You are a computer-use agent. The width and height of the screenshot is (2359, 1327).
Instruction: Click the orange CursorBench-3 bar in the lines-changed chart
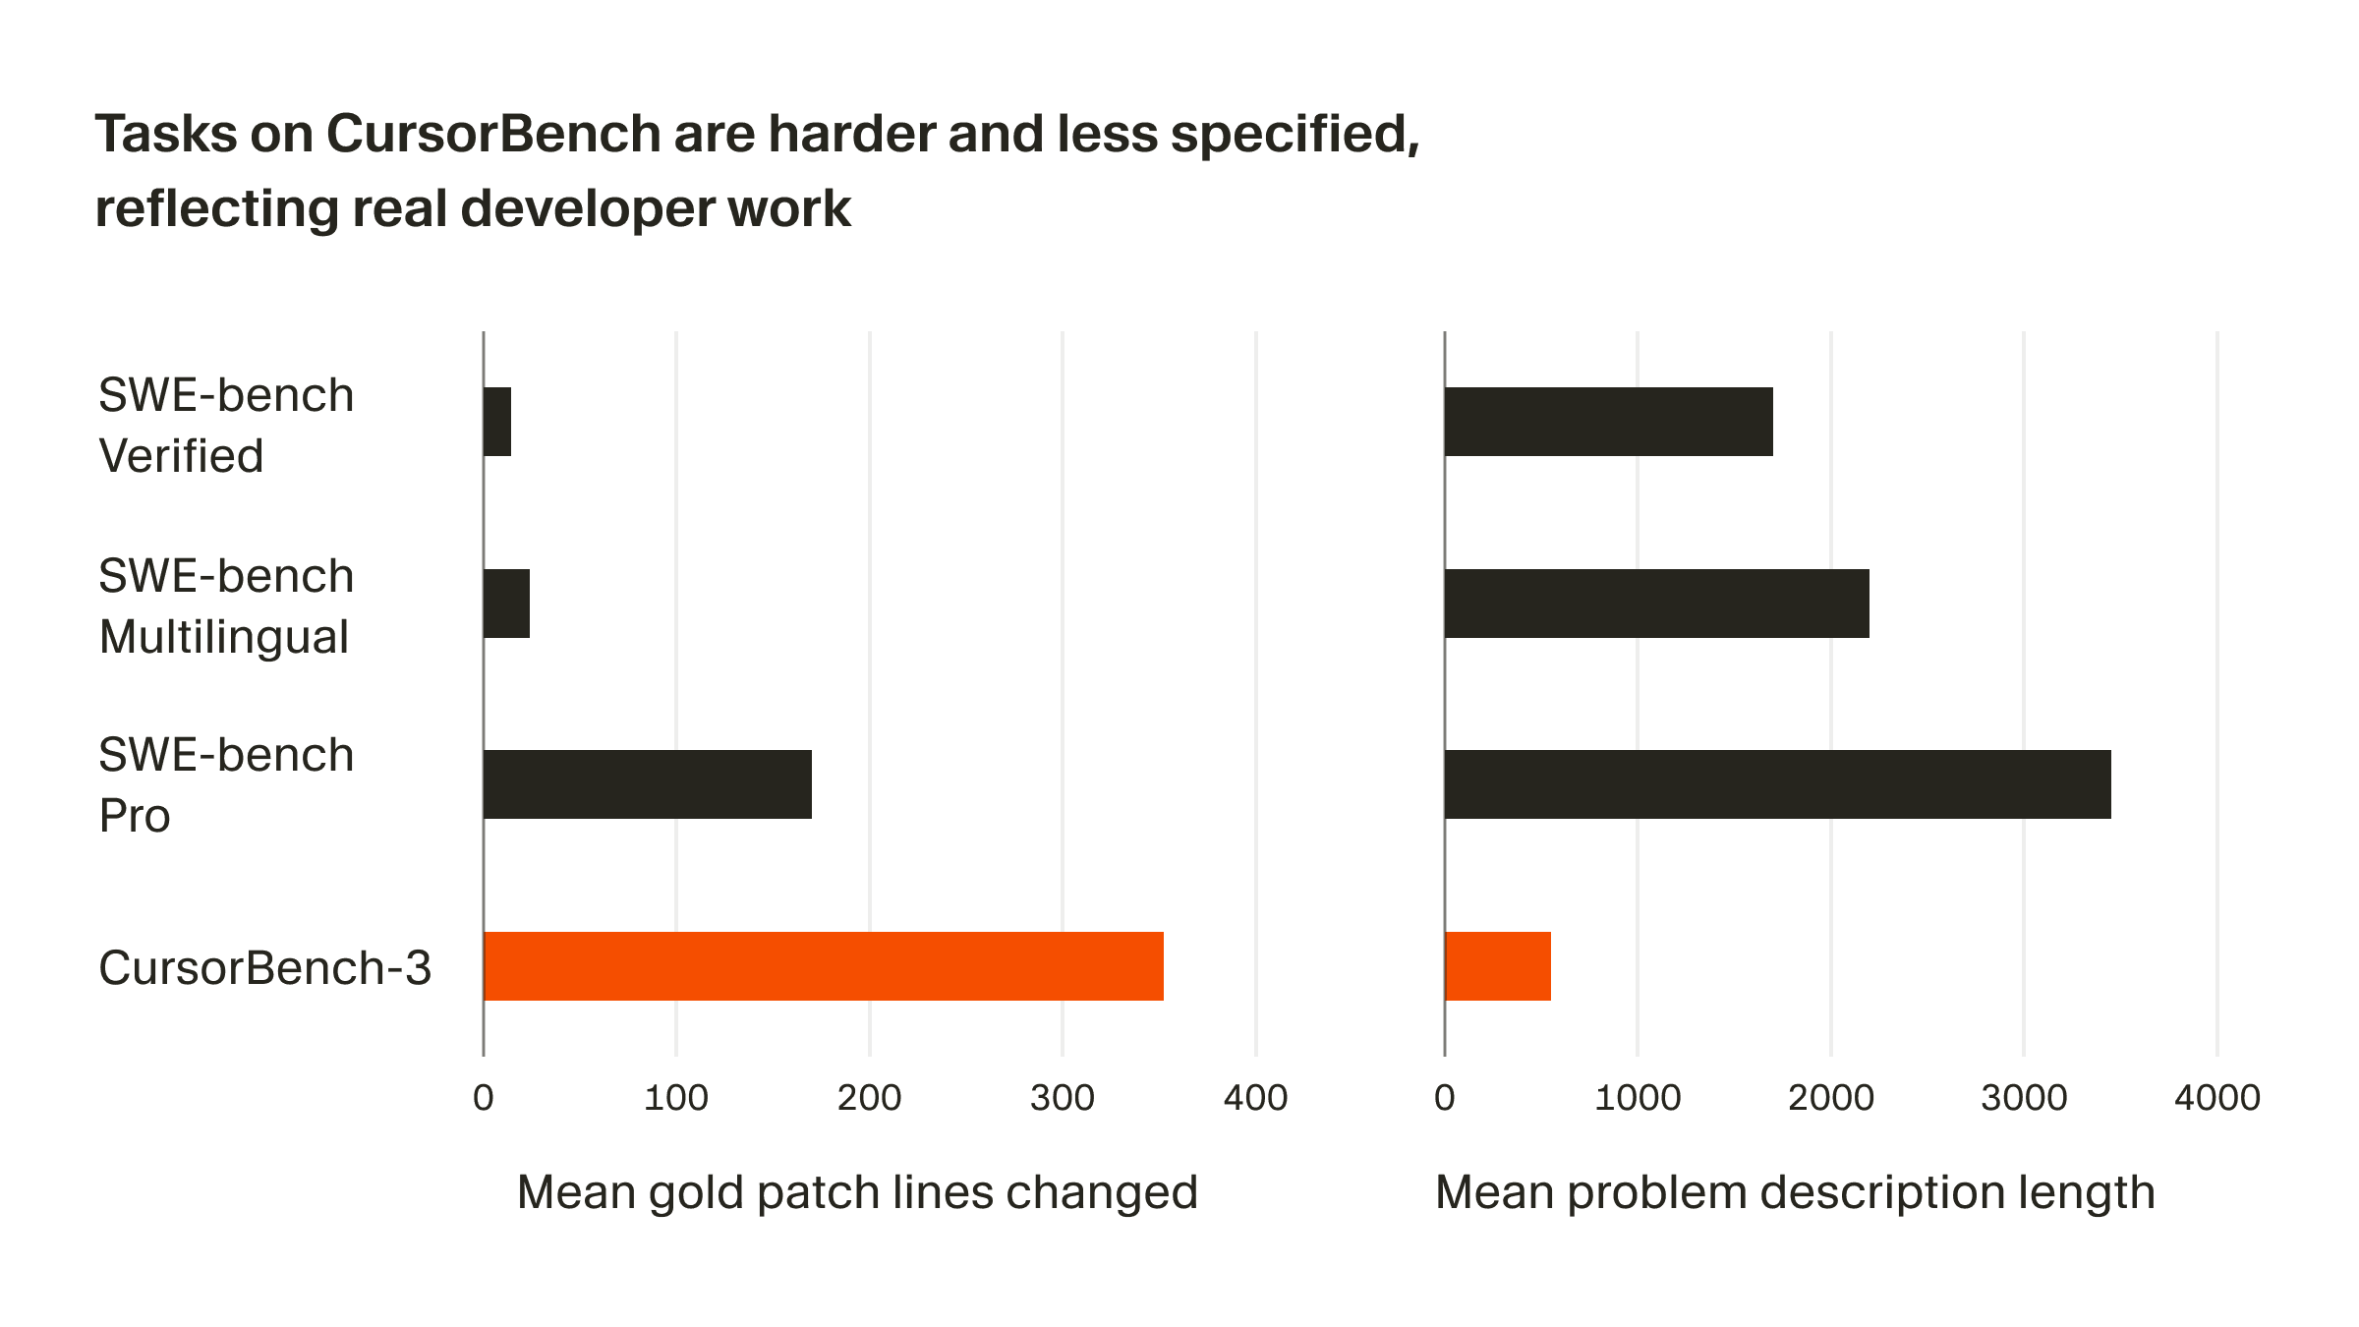click(824, 966)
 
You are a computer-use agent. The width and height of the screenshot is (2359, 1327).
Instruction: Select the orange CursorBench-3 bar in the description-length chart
click(1497, 966)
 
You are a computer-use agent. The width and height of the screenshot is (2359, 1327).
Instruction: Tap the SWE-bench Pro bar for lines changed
click(648, 784)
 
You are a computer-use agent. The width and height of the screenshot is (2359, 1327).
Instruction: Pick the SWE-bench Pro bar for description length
click(1777, 784)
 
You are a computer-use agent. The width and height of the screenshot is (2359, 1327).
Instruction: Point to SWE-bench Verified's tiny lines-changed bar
click(497, 422)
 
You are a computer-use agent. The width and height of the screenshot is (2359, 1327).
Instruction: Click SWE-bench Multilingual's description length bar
click(1656, 604)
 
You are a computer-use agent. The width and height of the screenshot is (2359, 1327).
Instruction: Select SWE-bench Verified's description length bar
click(1608, 422)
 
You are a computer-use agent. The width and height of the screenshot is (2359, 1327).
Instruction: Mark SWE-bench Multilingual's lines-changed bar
click(506, 604)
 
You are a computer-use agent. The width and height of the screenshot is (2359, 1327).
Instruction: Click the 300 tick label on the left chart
click(1062, 1098)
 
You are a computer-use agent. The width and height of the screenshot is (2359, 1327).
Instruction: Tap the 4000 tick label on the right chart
click(2216, 1098)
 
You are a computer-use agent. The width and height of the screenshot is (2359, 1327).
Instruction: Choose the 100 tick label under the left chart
click(675, 1098)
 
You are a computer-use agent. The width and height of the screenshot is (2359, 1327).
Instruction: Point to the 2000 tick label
click(1830, 1098)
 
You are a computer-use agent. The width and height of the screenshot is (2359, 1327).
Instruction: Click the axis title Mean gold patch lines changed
click(857, 1192)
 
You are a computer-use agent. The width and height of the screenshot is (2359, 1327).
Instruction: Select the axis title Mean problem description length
click(1795, 1192)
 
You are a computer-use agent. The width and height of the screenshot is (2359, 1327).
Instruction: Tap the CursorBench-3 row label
click(264, 968)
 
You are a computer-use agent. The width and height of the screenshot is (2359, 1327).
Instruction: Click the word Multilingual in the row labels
click(224, 637)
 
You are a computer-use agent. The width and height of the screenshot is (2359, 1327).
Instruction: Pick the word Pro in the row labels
click(135, 816)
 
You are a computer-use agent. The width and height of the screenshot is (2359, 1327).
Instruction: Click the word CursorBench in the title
click(493, 134)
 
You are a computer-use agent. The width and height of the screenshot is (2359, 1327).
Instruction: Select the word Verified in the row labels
click(181, 456)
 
